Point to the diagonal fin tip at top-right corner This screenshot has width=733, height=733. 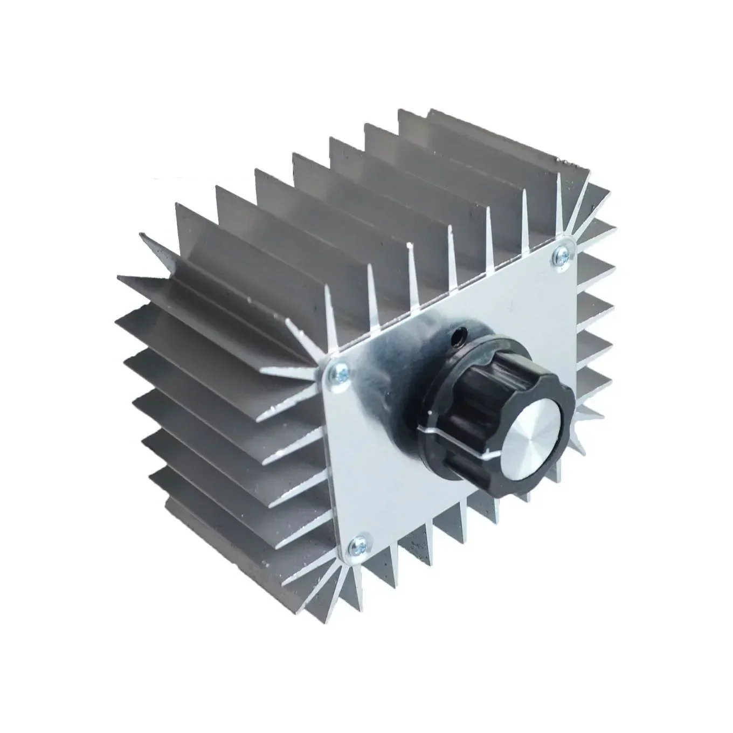[x=593, y=189]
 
